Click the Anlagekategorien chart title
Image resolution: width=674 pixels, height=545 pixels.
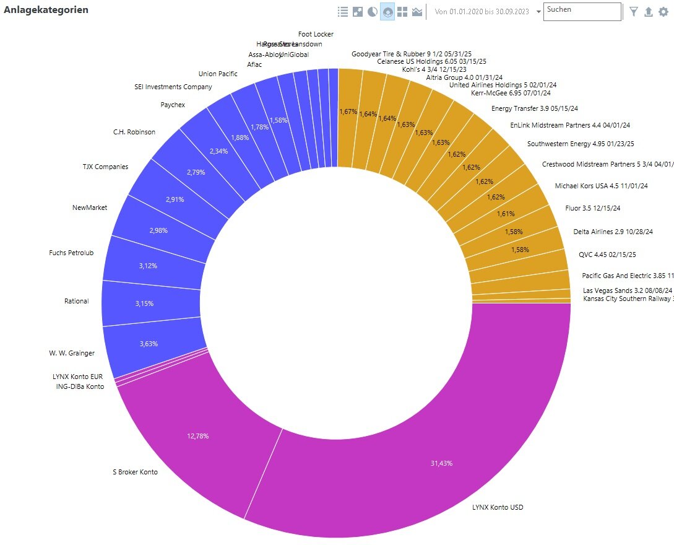tap(46, 10)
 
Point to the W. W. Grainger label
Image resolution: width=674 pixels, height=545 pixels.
tap(72, 353)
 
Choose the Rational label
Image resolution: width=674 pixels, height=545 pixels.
tap(76, 301)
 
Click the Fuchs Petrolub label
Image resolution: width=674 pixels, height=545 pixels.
tap(71, 253)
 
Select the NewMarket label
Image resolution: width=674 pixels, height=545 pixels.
tap(90, 207)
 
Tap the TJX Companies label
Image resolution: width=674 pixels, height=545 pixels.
tap(105, 167)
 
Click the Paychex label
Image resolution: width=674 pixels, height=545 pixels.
tap(173, 105)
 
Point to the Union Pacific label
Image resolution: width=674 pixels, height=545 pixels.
tap(218, 74)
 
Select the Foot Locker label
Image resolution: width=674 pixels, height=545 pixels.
tap(316, 34)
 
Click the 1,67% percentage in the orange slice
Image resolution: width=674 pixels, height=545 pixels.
tap(348, 111)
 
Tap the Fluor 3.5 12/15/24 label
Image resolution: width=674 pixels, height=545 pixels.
tap(593, 208)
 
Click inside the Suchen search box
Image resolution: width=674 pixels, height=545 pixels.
tap(582, 11)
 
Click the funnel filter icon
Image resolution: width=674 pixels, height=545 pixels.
tap(634, 11)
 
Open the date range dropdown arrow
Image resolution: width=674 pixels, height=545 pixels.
tap(538, 12)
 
